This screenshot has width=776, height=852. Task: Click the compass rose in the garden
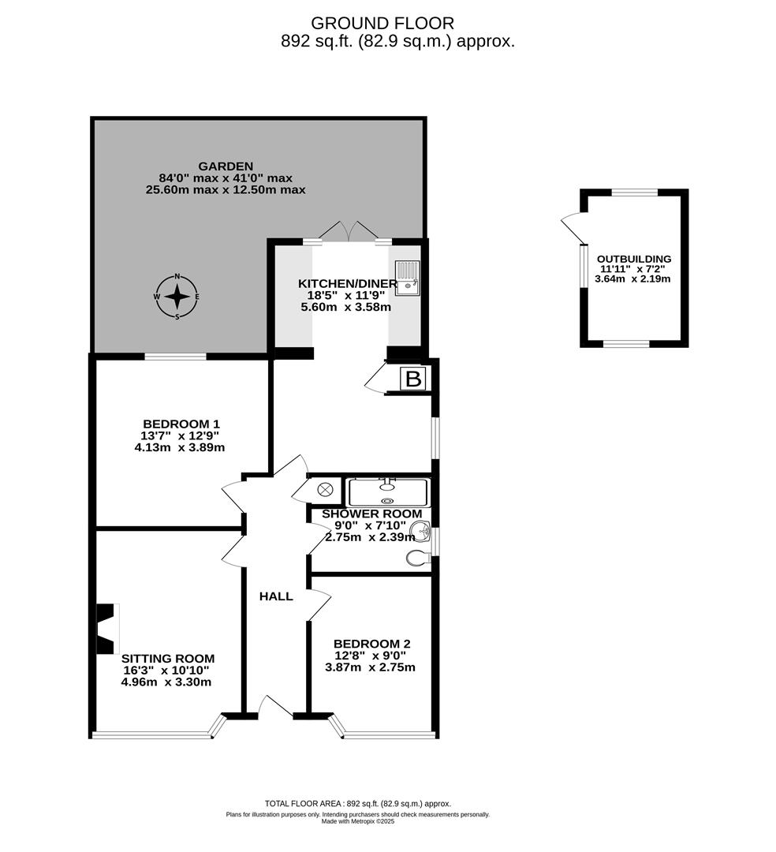pyautogui.click(x=177, y=297)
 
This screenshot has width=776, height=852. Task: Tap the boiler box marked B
pyautogui.click(x=412, y=379)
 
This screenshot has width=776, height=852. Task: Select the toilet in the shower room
pyautogui.click(x=417, y=559)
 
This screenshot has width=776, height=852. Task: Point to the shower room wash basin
pyautogui.click(x=420, y=532)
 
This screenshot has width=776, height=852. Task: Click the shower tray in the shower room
pyautogui.click(x=387, y=492)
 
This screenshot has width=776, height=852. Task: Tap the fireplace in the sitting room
pyautogui.click(x=106, y=629)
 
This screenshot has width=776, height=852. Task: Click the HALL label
pyautogui.click(x=276, y=596)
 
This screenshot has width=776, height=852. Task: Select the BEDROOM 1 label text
pyautogui.click(x=181, y=423)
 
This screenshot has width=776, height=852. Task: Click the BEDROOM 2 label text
pyautogui.click(x=371, y=643)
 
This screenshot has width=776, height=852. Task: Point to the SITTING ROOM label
pyautogui.click(x=167, y=658)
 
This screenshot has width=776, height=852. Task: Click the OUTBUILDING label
pyautogui.click(x=633, y=259)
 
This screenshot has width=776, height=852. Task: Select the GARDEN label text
pyautogui.click(x=226, y=166)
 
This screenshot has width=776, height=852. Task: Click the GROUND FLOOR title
pyautogui.click(x=382, y=24)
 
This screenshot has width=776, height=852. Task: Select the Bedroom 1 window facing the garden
pyautogui.click(x=175, y=357)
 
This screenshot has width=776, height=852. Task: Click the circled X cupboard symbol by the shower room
pyautogui.click(x=325, y=490)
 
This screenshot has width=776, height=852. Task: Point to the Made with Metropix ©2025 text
pyautogui.click(x=357, y=821)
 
